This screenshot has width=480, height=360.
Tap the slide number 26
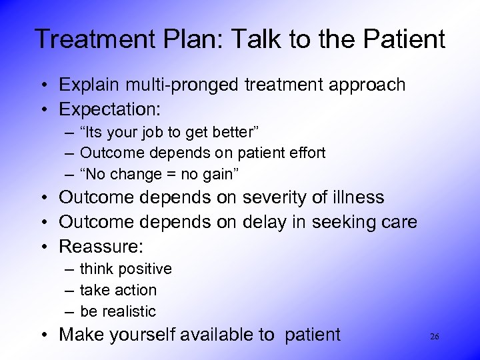click(x=434, y=336)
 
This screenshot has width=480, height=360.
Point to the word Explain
click(x=87, y=85)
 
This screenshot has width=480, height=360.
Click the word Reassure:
click(x=101, y=246)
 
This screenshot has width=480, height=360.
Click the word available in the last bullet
click(x=210, y=335)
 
